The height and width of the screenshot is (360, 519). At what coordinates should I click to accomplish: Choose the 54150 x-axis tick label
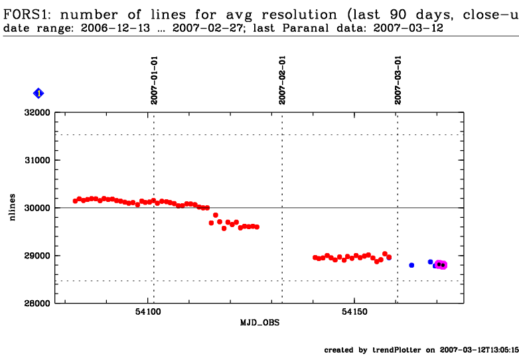click(354, 313)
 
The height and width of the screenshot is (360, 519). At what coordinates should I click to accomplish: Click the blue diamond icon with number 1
click(38, 94)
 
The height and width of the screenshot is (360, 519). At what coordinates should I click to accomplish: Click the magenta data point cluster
click(440, 265)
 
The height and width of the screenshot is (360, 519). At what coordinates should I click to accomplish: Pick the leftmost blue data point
click(411, 265)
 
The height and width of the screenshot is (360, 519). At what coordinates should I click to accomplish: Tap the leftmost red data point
click(75, 201)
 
